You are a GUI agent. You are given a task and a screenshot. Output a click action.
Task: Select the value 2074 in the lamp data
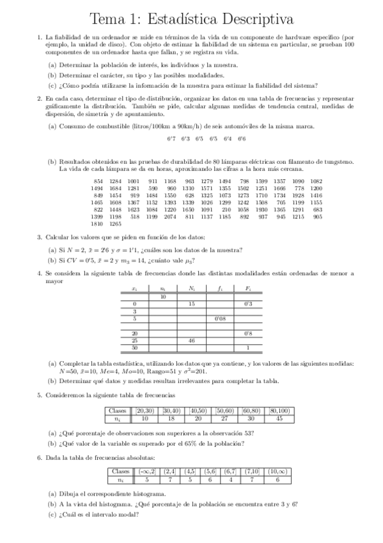coord(169,217)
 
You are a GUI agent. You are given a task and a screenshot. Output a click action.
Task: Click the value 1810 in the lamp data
coord(97,225)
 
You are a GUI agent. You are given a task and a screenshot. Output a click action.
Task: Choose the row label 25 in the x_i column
coord(134,341)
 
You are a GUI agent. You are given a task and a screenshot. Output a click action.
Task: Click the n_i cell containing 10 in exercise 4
coord(163,296)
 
